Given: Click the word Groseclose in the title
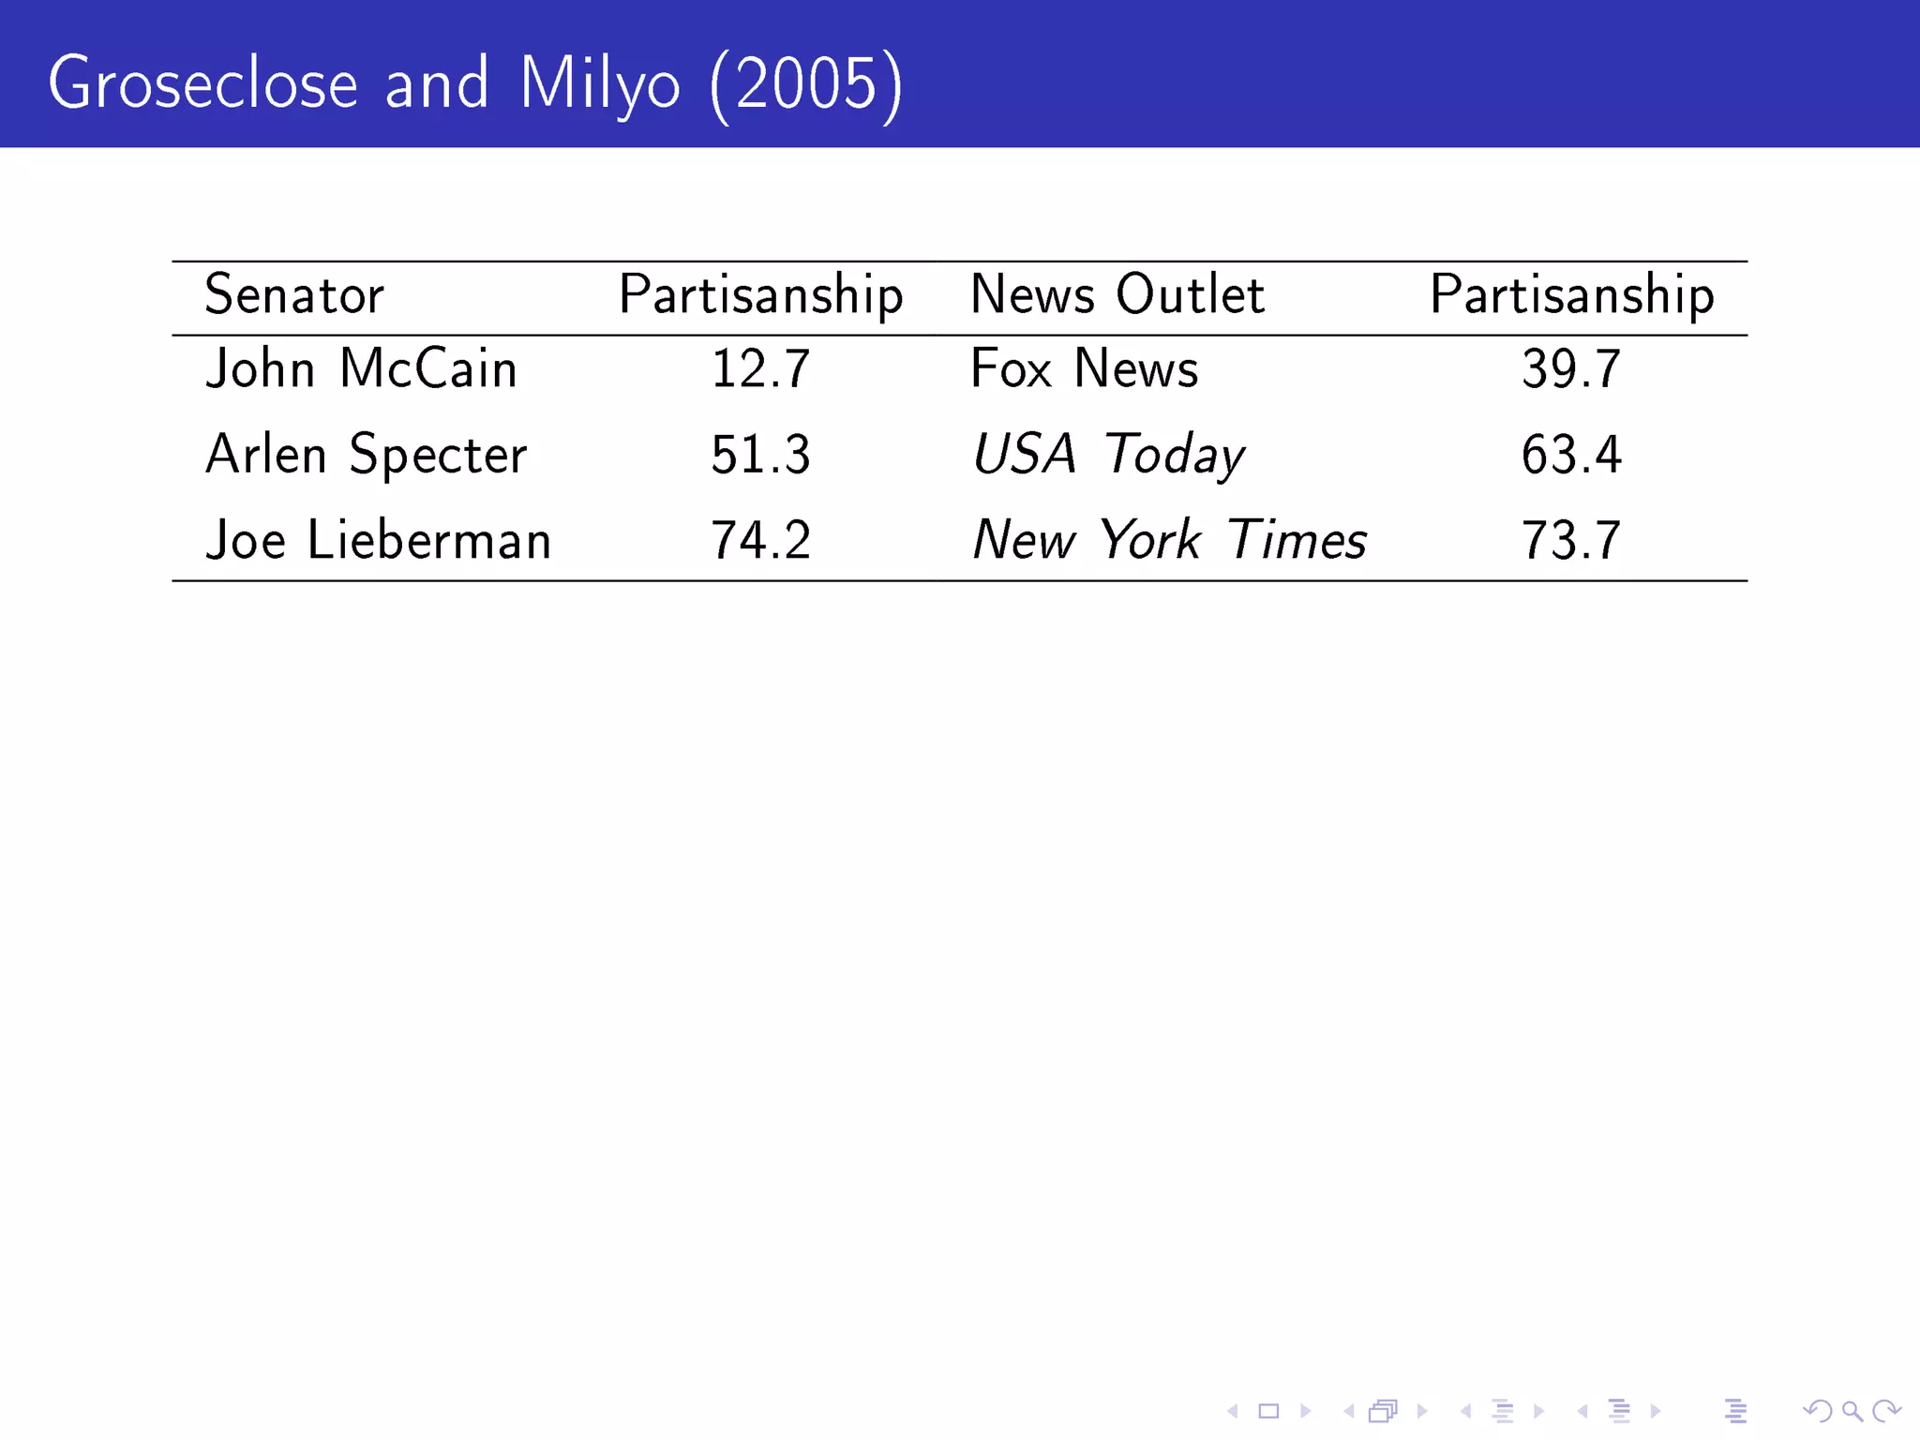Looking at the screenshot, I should (x=202, y=84).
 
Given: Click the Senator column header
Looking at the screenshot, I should (x=294, y=295).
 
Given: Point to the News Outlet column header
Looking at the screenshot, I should (x=1117, y=295).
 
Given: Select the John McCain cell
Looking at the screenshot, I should (x=361, y=368).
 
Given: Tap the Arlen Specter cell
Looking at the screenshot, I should (x=366, y=456).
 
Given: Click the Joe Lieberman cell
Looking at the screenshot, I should (x=378, y=541).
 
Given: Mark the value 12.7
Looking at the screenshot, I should (x=760, y=369).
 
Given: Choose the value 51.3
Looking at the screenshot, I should (x=760, y=456).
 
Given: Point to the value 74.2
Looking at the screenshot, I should (x=760, y=542).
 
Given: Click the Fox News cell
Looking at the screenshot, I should (x=1084, y=369).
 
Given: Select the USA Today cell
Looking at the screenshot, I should (x=1108, y=456).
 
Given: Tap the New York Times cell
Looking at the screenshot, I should (x=1169, y=541).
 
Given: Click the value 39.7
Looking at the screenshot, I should (x=1571, y=369).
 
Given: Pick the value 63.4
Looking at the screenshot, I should (x=1571, y=456).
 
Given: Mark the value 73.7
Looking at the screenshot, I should (x=1571, y=542).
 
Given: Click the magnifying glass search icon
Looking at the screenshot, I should (x=1852, y=1411).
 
